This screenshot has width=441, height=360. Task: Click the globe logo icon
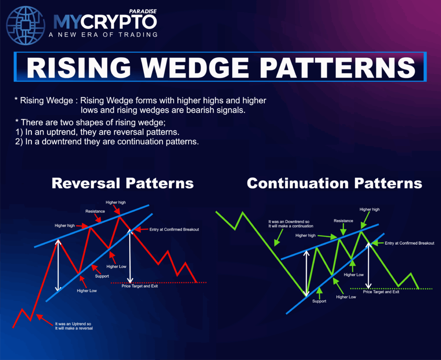pyautogui.click(x=25, y=25)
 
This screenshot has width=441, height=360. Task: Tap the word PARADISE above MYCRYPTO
pyautogui.click(x=143, y=11)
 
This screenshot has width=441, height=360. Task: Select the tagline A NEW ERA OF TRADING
pyautogui.click(x=103, y=34)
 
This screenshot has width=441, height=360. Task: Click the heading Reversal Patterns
pyautogui.click(x=123, y=183)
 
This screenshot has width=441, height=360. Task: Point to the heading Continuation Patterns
pyautogui.click(x=334, y=183)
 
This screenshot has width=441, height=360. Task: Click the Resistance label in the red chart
pyautogui.click(x=95, y=211)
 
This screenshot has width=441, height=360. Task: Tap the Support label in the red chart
pyautogui.click(x=102, y=276)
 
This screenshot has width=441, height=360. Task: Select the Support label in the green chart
pyautogui.click(x=319, y=301)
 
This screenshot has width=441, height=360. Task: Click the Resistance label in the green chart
pyautogui.click(x=343, y=221)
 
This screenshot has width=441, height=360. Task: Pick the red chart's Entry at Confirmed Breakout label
pyautogui.click(x=174, y=230)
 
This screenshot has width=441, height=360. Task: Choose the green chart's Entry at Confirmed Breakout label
pyautogui.click(x=410, y=243)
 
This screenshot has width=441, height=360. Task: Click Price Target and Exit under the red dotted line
pyautogui.click(x=140, y=286)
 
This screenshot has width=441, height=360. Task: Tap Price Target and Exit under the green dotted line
pyautogui.click(x=381, y=292)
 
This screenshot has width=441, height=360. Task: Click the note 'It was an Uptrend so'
pyautogui.click(x=73, y=324)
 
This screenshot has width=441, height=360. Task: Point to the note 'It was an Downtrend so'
pyautogui.click(x=289, y=222)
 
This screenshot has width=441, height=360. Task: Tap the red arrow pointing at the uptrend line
pyautogui.click(x=44, y=320)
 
